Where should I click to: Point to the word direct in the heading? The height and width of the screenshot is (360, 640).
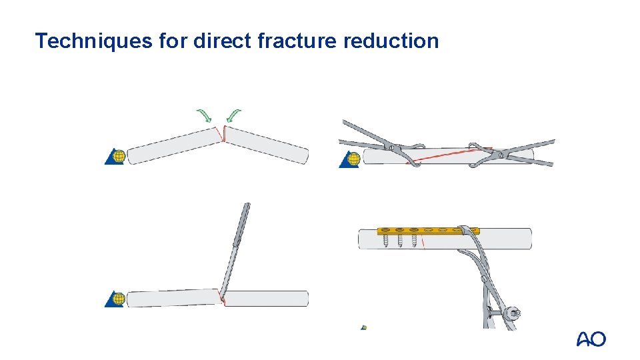coord(219,41)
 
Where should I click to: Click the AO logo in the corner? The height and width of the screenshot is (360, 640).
coord(591,339)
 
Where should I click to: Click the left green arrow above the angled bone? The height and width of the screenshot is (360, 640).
coord(204,115)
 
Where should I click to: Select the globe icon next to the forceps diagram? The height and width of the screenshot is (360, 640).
coord(352,159)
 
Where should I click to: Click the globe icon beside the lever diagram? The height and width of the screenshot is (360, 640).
coord(118,298)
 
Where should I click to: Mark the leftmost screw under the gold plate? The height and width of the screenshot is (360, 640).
coord(386,240)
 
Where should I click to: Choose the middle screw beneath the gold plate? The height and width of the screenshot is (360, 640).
coord(400,240)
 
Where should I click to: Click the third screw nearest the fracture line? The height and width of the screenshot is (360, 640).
coord(414,240)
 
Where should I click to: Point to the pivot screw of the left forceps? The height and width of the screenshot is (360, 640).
coord(393,147)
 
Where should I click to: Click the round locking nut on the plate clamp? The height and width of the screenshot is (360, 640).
coord(514,313)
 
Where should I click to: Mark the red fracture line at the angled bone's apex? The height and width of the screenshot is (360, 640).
coord(224,135)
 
